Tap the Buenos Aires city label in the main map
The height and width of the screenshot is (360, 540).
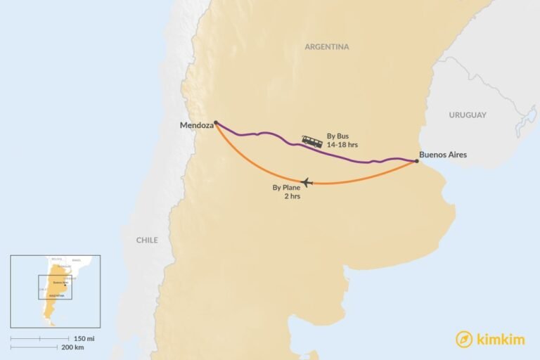442,155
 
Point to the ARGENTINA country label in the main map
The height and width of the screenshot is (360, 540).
326,47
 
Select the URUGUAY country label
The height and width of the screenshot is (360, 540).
468,115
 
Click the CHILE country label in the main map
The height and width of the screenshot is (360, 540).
147,240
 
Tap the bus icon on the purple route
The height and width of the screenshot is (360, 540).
312,141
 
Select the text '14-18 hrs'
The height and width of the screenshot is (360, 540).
342,144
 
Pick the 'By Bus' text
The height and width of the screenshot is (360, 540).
337,136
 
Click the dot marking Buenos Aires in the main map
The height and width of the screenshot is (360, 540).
416,161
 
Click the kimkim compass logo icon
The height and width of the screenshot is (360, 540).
463,339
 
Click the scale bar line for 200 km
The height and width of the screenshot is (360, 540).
35,347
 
